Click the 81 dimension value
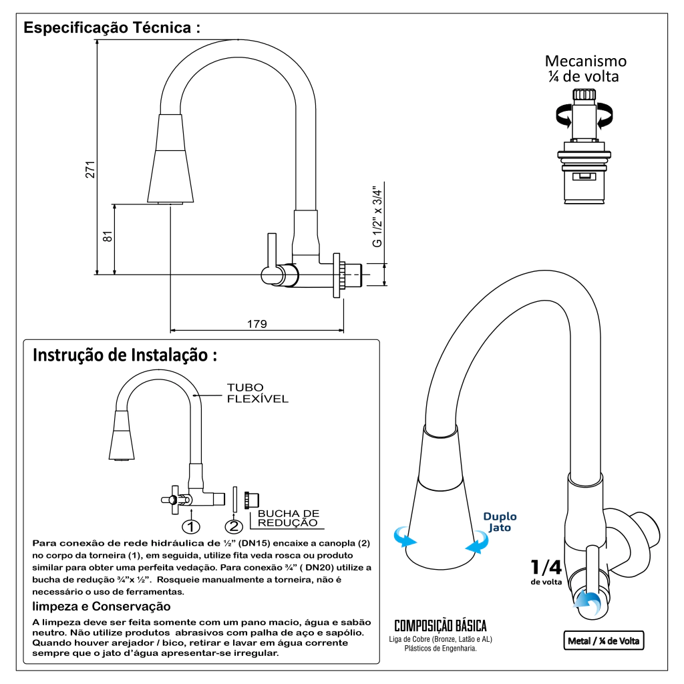tap(108, 236)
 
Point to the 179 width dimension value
tap(257, 324)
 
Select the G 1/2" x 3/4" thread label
tap(377, 216)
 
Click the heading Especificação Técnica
tap(112, 29)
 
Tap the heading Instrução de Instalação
tap(125, 355)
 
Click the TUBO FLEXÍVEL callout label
tap(257, 393)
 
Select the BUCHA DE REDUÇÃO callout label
tap(288, 518)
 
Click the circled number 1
tap(191, 526)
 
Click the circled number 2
tap(234, 526)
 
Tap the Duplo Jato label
tap(500, 522)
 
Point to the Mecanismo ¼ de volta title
tap(586, 69)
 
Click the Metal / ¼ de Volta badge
tap(603, 641)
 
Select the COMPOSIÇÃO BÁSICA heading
tap(440, 626)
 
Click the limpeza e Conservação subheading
tap(101, 607)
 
